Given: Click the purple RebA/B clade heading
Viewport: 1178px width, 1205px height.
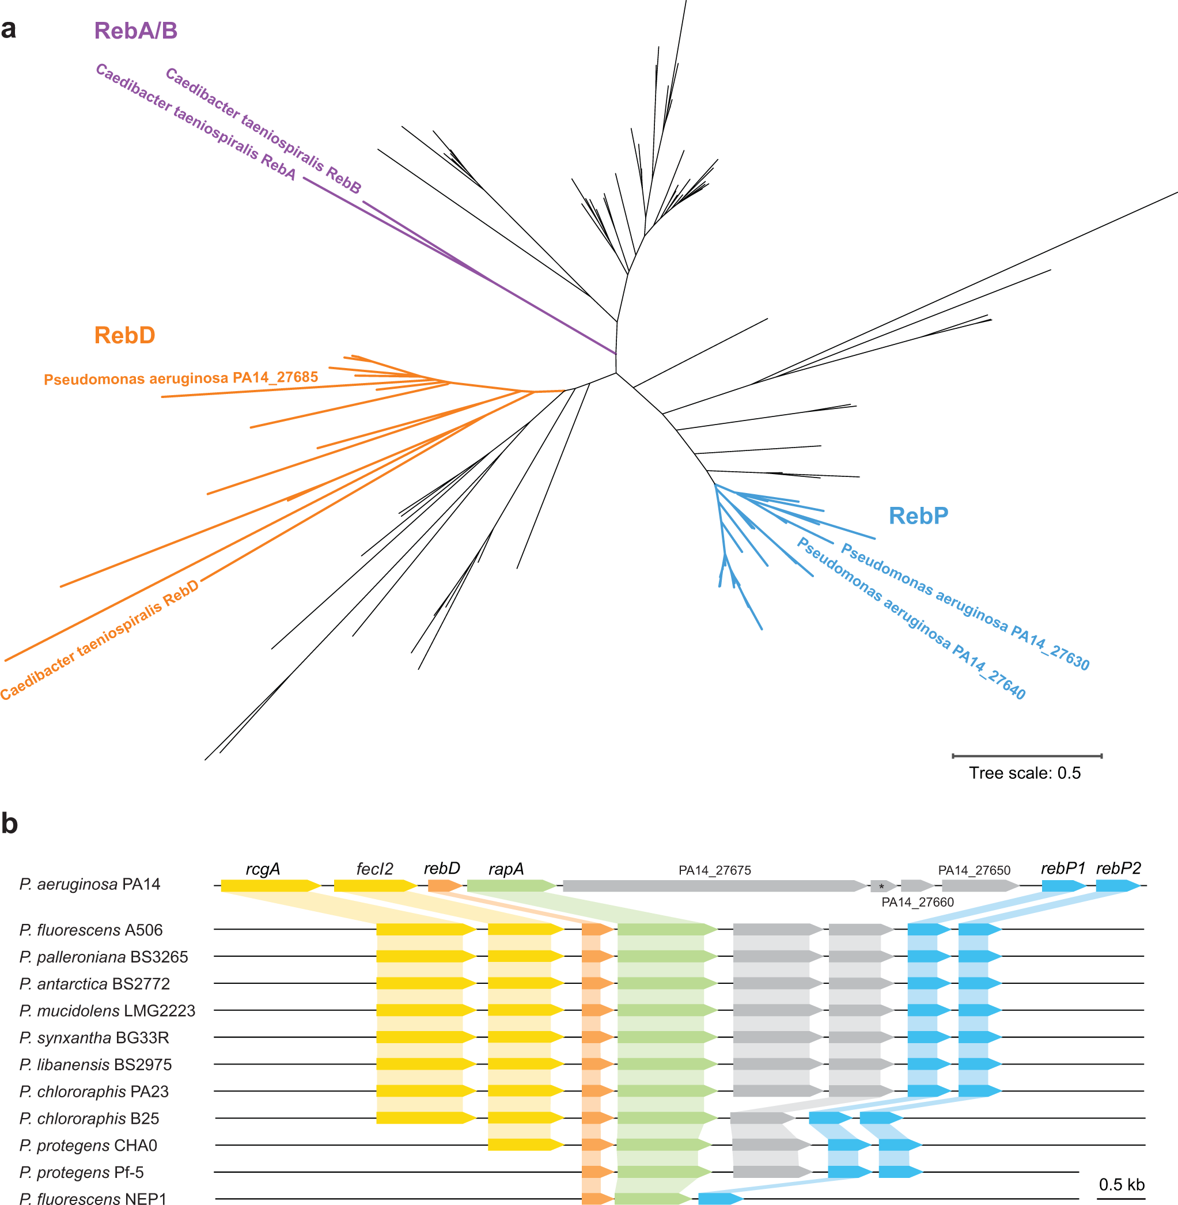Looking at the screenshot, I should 135,31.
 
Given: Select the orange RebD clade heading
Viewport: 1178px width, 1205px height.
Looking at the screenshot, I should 124,335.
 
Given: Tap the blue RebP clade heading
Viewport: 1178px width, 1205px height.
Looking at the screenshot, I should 918,516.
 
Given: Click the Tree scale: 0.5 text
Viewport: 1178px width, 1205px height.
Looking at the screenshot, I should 1025,772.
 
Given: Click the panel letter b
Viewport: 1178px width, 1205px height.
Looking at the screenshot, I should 9,823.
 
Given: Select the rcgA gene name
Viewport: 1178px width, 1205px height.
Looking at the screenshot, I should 263,869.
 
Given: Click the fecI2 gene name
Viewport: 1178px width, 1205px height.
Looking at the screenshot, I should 374,869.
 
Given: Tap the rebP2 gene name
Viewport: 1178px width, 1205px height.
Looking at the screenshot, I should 1118,868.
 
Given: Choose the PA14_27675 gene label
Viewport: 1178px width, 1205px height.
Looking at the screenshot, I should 715,870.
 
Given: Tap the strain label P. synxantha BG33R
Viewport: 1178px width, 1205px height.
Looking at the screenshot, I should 94,1037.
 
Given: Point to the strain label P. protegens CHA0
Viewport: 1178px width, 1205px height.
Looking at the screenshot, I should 88,1145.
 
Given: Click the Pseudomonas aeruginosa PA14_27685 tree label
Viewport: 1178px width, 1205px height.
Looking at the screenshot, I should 181,378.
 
